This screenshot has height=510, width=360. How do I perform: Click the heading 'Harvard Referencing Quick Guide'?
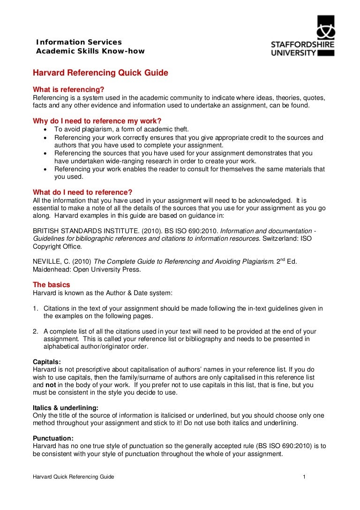pos(100,73)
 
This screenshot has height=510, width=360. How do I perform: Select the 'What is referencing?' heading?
pos(68,89)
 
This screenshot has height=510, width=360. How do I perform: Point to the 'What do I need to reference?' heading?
pos(82,192)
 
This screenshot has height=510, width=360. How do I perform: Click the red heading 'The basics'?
pos(51,285)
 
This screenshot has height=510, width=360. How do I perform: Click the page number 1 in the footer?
pos(304,478)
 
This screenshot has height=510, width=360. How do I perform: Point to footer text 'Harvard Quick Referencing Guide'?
pos(73,478)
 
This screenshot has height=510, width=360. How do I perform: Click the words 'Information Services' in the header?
pos(79,42)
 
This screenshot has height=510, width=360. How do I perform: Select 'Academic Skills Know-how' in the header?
pos(90,51)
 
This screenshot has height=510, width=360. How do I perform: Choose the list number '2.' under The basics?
pos(36,331)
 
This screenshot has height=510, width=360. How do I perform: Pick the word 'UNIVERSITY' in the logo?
pos(294,53)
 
